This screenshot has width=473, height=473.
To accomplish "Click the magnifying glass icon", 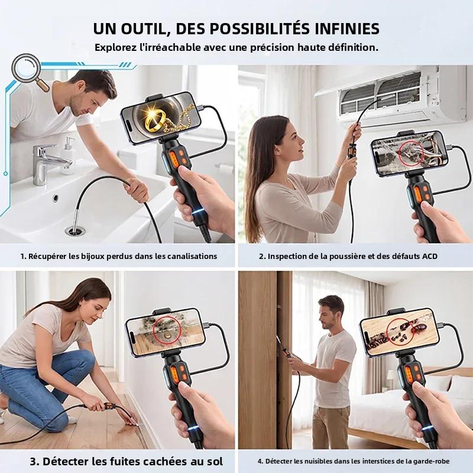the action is click(27, 69).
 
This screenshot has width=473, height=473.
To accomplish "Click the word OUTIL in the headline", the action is click(144, 29).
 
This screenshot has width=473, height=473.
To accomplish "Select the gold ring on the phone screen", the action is click(155, 121).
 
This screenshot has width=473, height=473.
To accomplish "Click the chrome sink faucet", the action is click(46, 161).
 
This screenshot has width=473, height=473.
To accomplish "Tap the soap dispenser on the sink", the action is click(68, 157).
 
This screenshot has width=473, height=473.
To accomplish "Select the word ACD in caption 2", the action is click(430, 257).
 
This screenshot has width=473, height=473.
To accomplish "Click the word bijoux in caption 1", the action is click(91, 257).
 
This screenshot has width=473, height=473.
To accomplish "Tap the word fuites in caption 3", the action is click(125, 461).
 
